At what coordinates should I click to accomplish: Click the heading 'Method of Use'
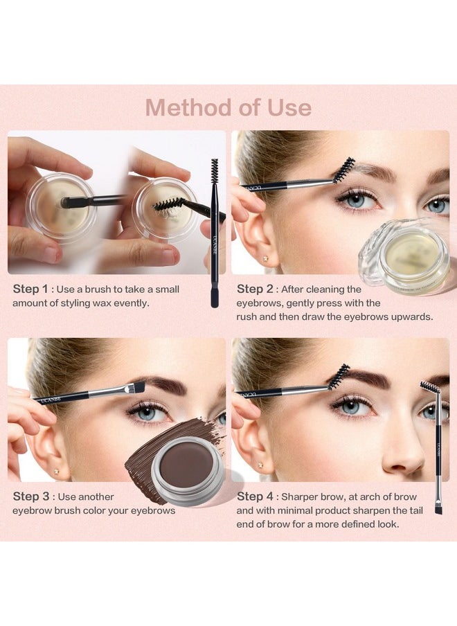(x=228, y=107)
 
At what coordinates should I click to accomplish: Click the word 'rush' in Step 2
(x=248, y=316)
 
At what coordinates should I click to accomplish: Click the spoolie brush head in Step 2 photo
(x=343, y=170)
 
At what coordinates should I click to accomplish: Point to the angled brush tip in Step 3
(x=138, y=386)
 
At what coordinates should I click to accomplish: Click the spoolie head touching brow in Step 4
(x=339, y=377)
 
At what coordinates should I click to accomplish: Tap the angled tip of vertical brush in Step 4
(x=438, y=508)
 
